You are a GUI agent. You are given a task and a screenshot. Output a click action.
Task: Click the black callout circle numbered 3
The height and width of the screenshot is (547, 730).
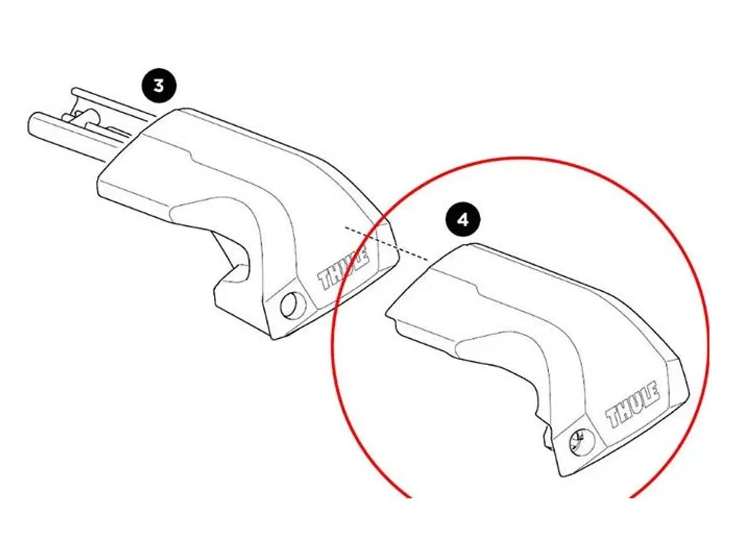159,85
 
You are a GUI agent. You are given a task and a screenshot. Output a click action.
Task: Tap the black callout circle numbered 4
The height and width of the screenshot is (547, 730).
463,219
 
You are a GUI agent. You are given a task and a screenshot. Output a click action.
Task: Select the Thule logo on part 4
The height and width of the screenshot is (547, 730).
632,406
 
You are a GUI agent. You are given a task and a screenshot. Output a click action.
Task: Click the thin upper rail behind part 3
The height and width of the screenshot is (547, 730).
114,103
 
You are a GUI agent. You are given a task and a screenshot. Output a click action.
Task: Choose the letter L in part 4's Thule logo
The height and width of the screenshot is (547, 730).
644,399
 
